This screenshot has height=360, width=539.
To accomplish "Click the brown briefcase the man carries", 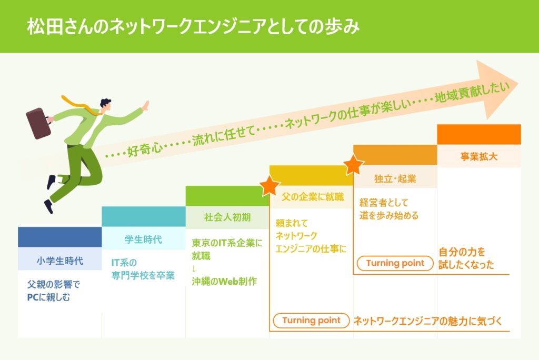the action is pos(38,123).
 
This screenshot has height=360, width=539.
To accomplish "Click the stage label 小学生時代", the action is pos(60,261).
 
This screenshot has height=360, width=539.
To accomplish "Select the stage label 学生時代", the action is pos(143,239).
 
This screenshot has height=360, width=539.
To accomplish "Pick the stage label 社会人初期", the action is pos(227,217).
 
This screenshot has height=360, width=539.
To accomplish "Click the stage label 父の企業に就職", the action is pos(313,197).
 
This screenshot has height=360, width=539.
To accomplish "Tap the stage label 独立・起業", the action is pos(395,179).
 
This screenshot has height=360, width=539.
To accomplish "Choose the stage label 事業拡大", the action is pos(479,157).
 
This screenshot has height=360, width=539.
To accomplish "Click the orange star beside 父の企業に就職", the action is pos(270,186).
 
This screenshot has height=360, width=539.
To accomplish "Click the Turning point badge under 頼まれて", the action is pos(312,321).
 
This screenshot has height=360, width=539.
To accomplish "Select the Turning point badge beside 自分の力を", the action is pos(395,263).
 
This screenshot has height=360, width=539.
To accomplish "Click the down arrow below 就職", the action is pos(194,268).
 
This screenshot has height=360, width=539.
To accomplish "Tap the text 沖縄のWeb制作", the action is pos(224,281).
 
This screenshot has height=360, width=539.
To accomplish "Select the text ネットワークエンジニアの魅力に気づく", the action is pos(428,321).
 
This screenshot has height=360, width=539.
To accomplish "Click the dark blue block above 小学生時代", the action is pos(60,237).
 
